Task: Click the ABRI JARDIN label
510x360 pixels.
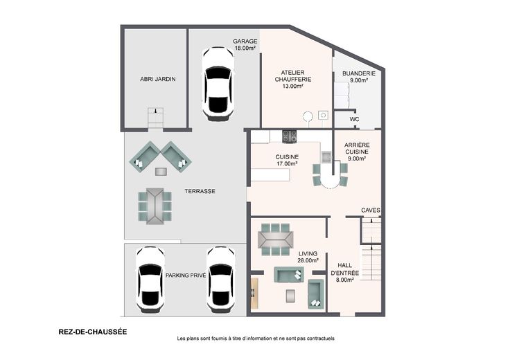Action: [x=158, y=79]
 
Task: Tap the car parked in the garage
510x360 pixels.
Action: [x=218, y=84]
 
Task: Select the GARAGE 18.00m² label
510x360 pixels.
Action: [x=245, y=44]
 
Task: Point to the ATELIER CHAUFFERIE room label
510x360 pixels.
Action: [x=293, y=80]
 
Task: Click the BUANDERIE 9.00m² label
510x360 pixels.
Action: [x=359, y=77]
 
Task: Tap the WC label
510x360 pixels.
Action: [x=354, y=119]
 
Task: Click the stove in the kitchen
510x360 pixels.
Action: [x=289, y=136]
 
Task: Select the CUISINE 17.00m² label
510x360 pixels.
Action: [x=287, y=160]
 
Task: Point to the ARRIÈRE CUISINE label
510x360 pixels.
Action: [x=357, y=152]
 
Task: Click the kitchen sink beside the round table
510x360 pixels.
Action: [x=326, y=156]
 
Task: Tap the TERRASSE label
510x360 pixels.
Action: [x=200, y=191]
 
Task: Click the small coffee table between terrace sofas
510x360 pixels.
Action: [x=161, y=172]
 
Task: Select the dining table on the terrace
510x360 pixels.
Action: [x=155, y=206]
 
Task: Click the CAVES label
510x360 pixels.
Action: [x=371, y=210]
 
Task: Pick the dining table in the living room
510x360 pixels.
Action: [x=276, y=240]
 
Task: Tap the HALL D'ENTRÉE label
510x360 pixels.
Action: [x=345, y=272]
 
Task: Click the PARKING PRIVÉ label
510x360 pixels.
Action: [x=186, y=276]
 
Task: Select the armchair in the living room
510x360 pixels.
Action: [x=316, y=294]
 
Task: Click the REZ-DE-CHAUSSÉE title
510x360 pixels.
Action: [x=93, y=332]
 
